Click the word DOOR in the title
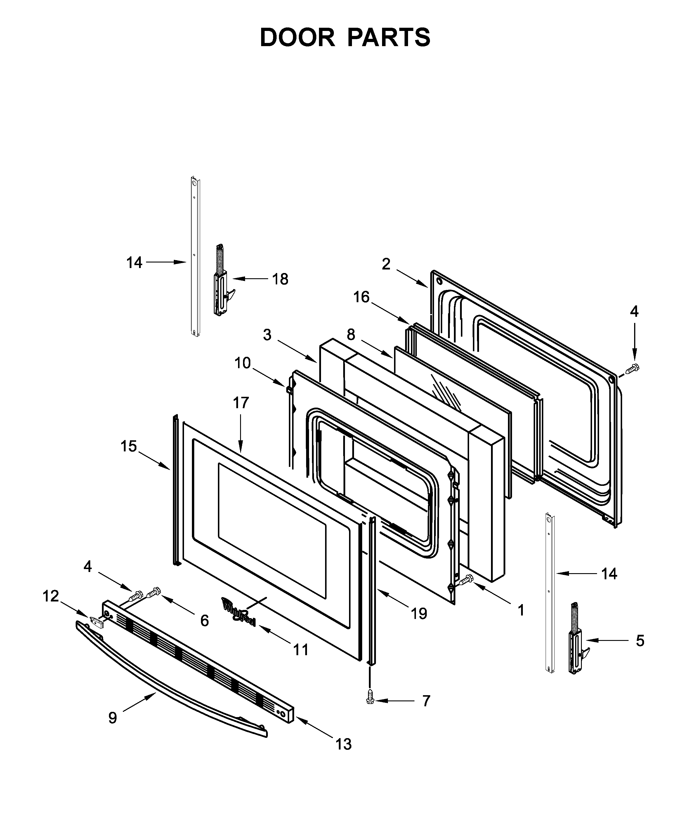click(x=297, y=38)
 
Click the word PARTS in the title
click(x=389, y=38)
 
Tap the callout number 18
click(x=280, y=279)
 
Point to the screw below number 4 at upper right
click(x=633, y=368)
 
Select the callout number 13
click(x=343, y=744)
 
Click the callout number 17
click(x=241, y=403)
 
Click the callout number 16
click(x=361, y=297)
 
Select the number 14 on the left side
click(x=134, y=262)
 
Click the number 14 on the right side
click(x=609, y=574)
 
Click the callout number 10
click(x=242, y=363)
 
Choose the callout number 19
click(x=419, y=613)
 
